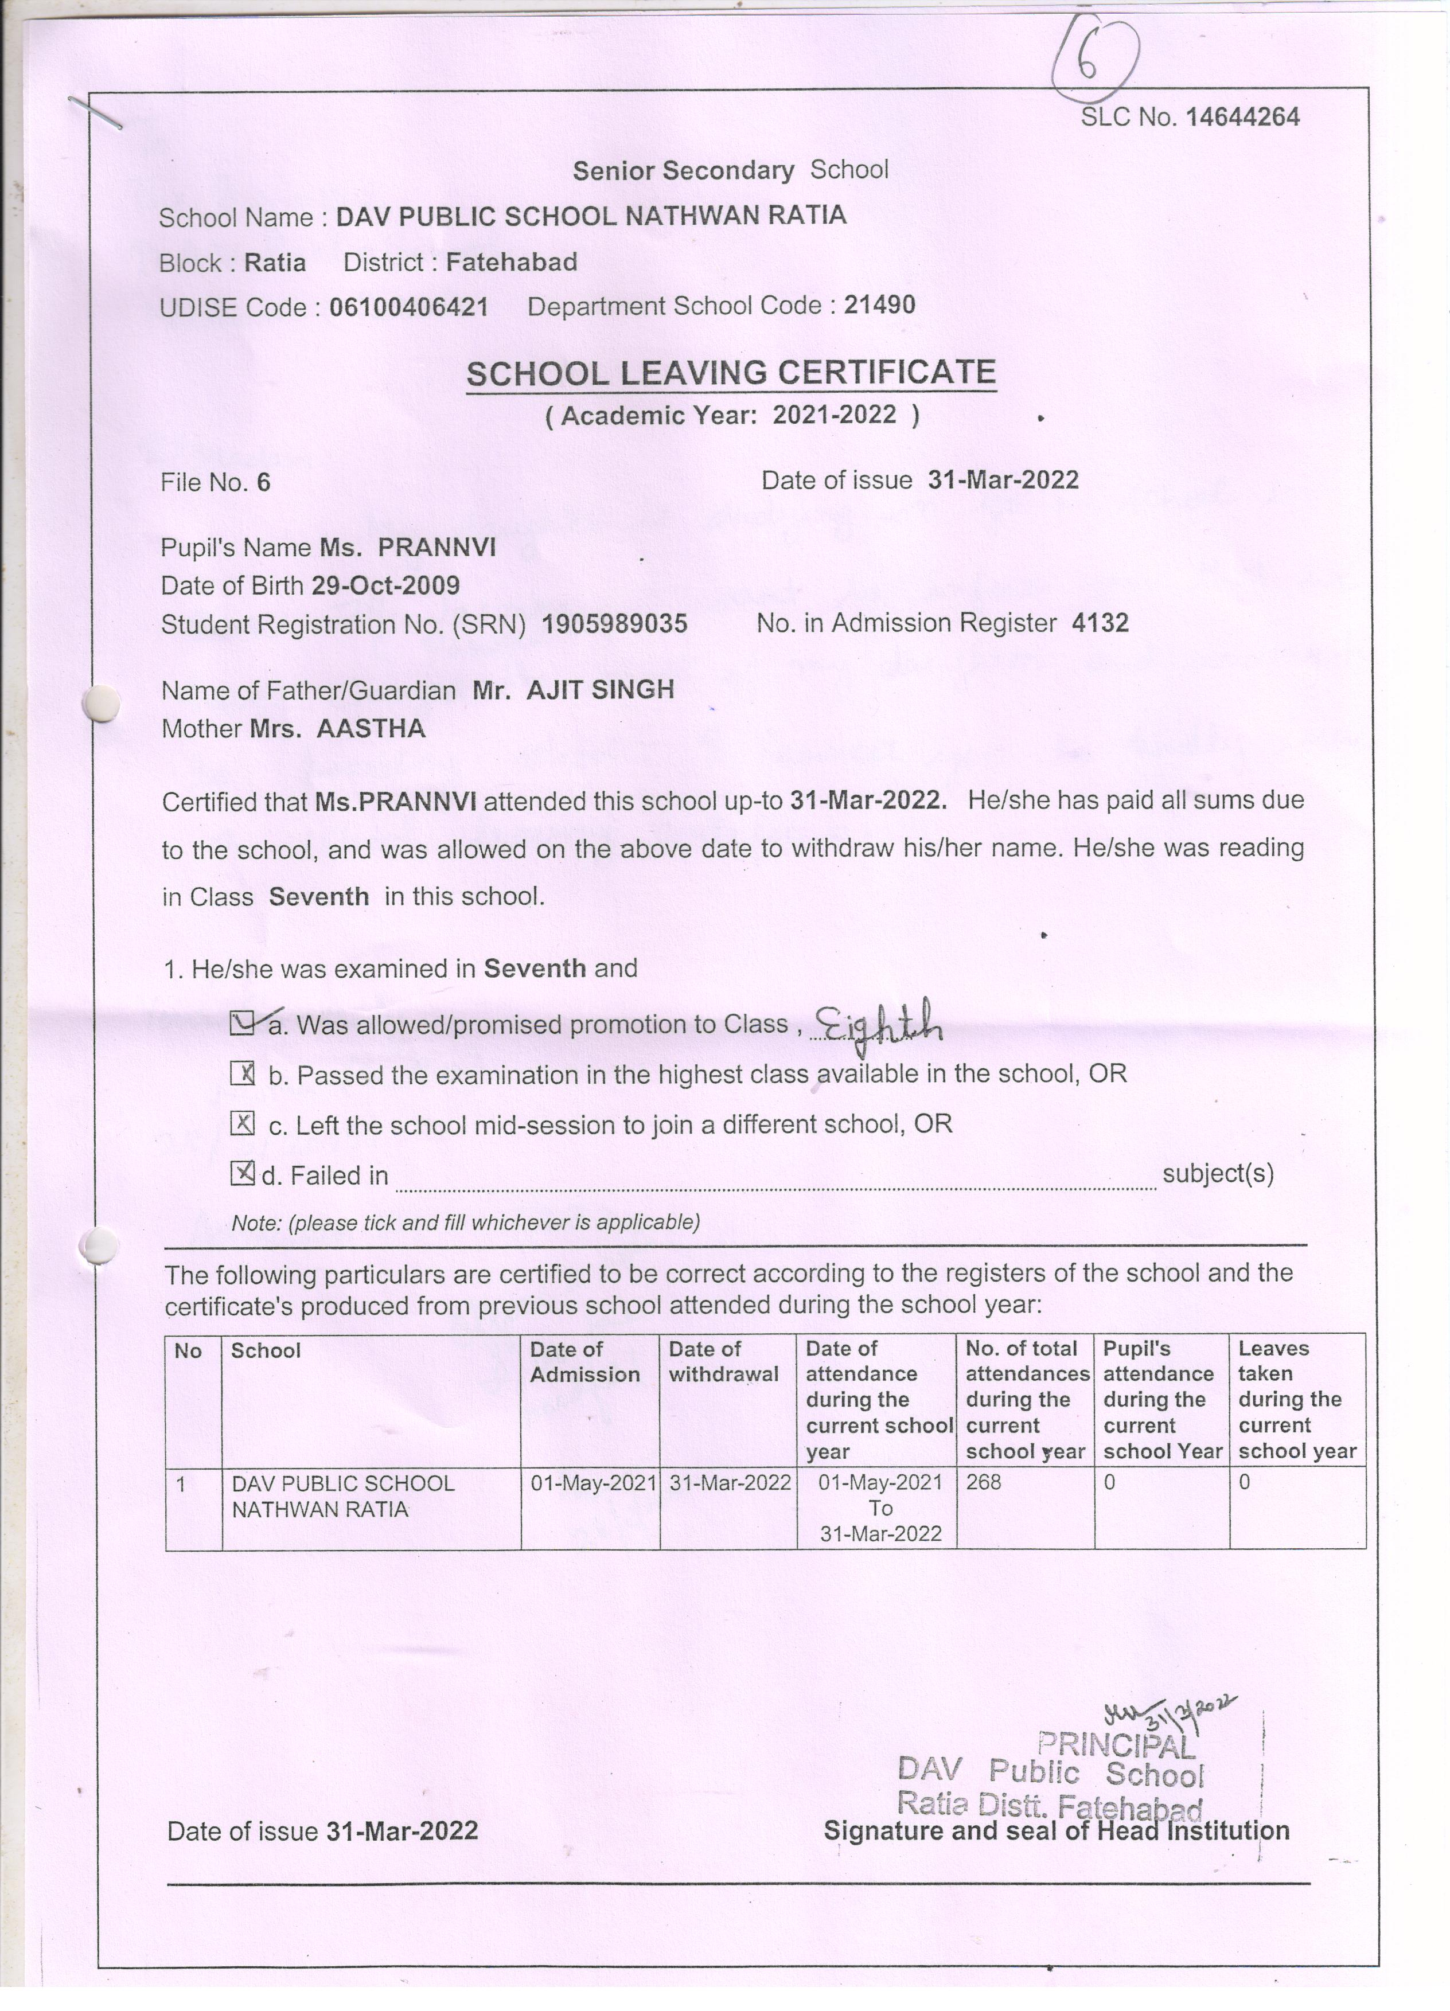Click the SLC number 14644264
click(x=1242, y=117)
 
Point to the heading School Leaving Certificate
click(x=731, y=373)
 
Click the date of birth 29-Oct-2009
click(x=385, y=585)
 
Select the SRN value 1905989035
click(x=614, y=624)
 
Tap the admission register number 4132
click(x=1100, y=623)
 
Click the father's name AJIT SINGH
click(x=601, y=690)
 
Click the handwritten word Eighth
click(x=878, y=1026)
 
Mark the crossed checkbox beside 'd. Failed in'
click(x=242, y=1174)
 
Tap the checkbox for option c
click(x=242, y=1123)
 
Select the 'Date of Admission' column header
click(x=584, y=1361)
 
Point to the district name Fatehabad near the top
click(x=511, y=263)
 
